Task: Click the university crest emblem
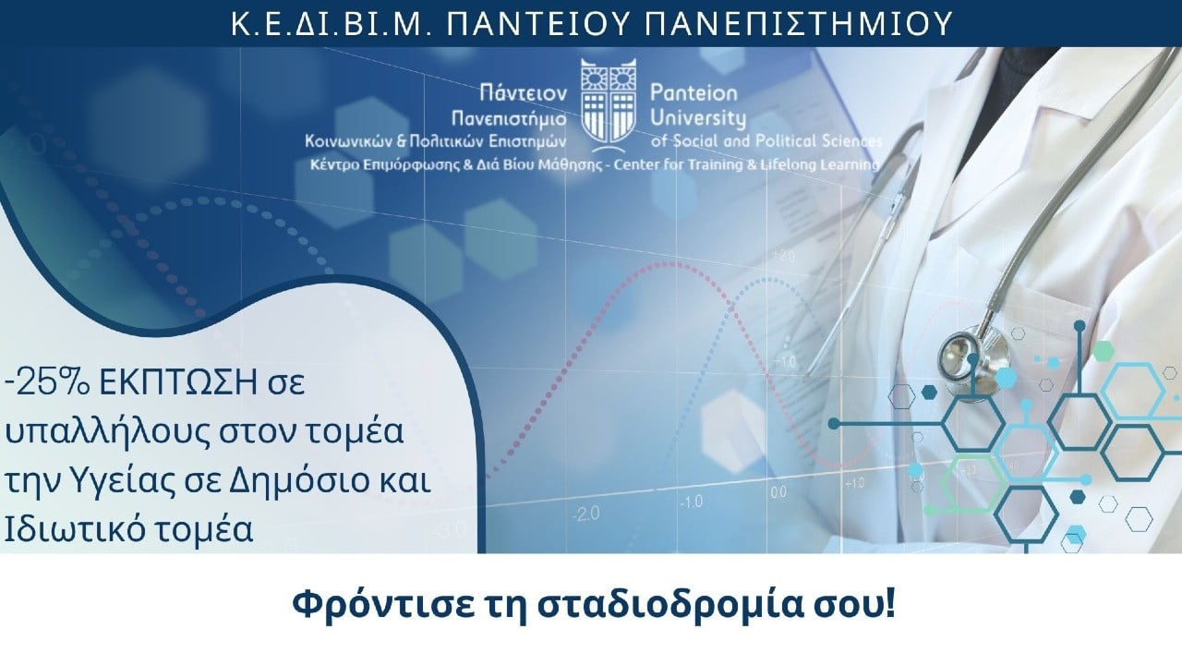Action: click(x=608, y=101)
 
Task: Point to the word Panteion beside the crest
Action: click(x=694, y=93)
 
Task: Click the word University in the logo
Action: click(x=697, y=118)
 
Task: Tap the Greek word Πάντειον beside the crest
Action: click(x=523, y=93)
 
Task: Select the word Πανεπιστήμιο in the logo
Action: click(x=509, y=118)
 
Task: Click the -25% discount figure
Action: click(x=47, y=382)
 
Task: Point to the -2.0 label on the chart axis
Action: click(x=585, y=514)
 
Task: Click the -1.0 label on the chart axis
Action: click(x=692, y=502)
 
